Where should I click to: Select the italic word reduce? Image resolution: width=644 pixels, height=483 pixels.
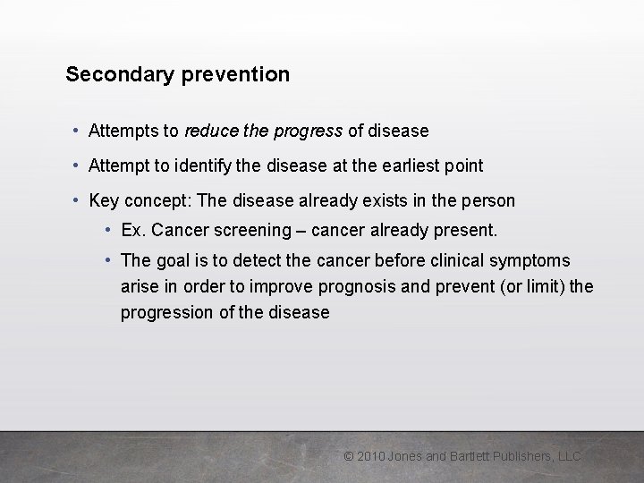210,131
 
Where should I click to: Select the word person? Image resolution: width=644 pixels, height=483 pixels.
487,200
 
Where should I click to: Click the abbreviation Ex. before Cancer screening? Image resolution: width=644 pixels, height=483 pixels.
133,230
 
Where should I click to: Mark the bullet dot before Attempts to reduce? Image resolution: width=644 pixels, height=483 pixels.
77,131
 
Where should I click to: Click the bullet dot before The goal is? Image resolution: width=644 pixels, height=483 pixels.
107,260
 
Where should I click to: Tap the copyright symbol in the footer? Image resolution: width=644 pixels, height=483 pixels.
349,456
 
